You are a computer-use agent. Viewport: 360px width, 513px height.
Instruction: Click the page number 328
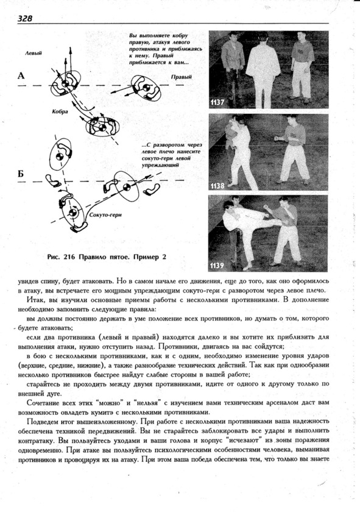tap(25, 18)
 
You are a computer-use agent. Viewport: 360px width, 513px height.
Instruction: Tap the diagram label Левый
tap(34, 53)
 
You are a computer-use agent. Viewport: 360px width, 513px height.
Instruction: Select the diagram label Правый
tap(182, 77)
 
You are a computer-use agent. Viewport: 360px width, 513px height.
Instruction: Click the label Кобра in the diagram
tap(60, 111)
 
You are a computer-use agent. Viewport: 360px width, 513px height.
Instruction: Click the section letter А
tap(21, 76)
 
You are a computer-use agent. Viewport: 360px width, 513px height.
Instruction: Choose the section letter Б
tap(21, 174)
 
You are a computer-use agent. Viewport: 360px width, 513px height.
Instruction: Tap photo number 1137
tap(217, 102)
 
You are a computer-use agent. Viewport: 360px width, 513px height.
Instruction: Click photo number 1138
tap(217, 186)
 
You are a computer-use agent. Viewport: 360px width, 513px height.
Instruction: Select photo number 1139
tap(217, 266)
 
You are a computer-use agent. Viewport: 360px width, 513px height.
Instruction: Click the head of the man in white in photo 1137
tap(263, 37)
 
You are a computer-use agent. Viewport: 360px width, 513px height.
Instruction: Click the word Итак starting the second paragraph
tap(34, 300)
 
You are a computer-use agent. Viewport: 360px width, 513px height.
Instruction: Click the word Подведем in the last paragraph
tap(41, 421)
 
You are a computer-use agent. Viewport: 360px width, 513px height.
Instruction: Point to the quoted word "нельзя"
tap(149, 403)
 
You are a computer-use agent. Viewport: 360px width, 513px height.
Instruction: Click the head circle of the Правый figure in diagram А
tap(146, 88)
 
